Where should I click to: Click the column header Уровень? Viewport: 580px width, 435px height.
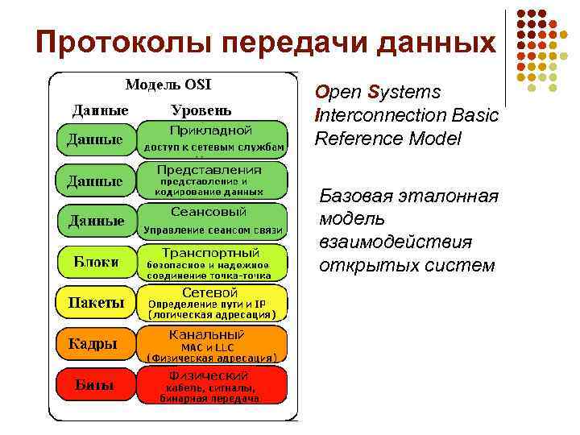(x=201, y=110)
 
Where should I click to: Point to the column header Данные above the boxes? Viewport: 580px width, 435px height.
(x=101, y=110)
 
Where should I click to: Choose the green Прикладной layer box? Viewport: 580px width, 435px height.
(x=213, y=138)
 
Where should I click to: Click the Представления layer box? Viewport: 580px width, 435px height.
(x=213, y=180)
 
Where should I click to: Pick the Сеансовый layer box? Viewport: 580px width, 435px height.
(x=213, y=221)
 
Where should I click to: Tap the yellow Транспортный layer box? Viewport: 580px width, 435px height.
(x=213, y=262)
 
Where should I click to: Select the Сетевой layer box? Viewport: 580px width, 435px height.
(x=213, y=303)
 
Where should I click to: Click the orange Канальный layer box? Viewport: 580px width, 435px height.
(x=213, y=344)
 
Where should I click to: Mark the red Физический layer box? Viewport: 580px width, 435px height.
(x=213, y=385)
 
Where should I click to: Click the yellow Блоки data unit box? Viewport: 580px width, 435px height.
(x=96, y=262)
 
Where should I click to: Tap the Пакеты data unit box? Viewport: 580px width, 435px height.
(x=96, y=303)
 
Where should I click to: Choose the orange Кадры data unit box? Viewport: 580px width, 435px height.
(x=96, y=344)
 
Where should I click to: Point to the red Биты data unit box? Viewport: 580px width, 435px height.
(x=96, y=385)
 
